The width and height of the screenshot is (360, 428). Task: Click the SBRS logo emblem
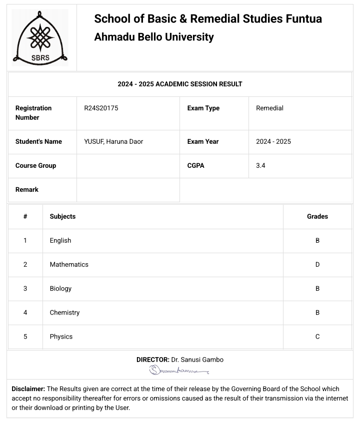coord(40,37)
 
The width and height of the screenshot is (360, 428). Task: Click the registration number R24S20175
coord(101,108)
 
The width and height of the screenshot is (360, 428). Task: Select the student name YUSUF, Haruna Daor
coord(113,141)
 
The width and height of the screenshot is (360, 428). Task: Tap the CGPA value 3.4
coord(260,165)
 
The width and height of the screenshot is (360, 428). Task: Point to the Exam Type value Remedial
coord(269,108)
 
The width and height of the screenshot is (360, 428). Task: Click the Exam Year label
coord(202,141)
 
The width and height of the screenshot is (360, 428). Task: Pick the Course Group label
coord(35,165)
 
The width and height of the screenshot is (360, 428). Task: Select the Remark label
coord(27,189)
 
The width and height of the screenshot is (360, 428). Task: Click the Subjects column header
coord(62,216)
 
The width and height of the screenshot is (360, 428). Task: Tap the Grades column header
coord(317,216)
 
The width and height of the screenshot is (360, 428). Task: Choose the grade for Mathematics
coord(317,264)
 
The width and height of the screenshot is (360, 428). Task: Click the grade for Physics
coord(317,336)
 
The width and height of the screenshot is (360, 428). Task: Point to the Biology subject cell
coord(60,288)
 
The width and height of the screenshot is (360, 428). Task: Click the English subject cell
coord(60,240)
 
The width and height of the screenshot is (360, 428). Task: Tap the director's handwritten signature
coord(179,370)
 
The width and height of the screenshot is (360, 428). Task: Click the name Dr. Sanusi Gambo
coord(197,360)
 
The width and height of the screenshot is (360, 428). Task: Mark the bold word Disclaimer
coord(28,389)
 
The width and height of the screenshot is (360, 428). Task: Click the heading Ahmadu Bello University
coord(154,37)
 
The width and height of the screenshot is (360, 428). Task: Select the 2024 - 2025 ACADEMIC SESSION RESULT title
coord(180,84)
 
